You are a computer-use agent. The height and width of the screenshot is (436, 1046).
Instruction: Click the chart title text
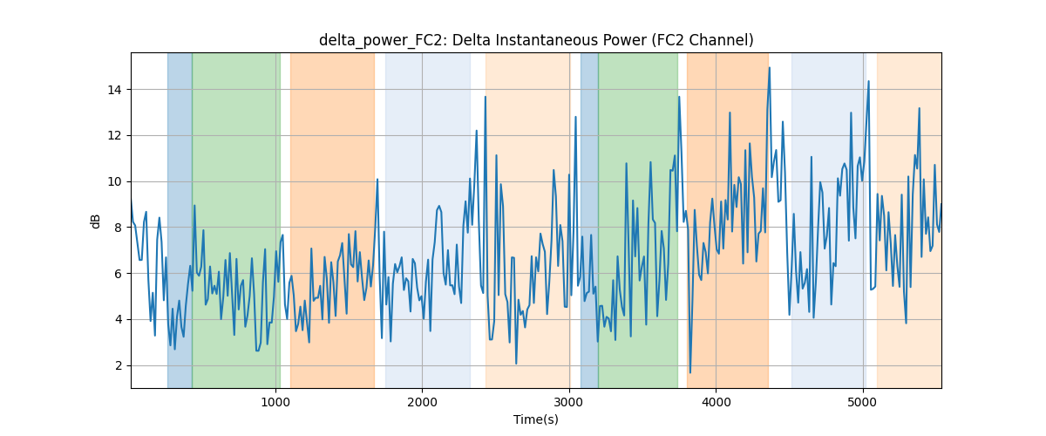pyautogui.click(x=536, y=40)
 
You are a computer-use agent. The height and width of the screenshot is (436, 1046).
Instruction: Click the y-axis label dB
pyautogui.click(x=95, y=221)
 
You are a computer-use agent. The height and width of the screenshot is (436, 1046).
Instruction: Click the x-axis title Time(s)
pyautogui.click(x=536, y=419)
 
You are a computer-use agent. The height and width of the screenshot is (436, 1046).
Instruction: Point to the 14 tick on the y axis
pyautogui.click(x=115, y=90)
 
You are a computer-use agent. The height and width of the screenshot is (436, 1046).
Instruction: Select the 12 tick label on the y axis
pyautogui.click(x=115, y=135)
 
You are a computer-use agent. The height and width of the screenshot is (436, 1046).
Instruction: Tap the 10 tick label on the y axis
pyautogui.click(x=115, y=181)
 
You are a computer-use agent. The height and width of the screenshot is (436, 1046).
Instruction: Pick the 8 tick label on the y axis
pyautogui.click(x=119, y=228)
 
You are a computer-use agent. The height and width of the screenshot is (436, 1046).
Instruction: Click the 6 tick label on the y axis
pyautogui.click(x=119, y=274)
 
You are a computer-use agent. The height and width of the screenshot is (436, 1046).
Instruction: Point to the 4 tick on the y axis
pyautogui.click(x=119, y=320)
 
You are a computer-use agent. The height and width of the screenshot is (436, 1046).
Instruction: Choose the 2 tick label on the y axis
pyautogui.click(x=119, y=365)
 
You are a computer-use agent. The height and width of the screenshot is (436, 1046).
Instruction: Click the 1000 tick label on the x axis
pyautogui.click(x=275, y=402)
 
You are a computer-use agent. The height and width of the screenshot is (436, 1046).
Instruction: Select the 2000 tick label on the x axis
pyautogui.click(x=422, y=402)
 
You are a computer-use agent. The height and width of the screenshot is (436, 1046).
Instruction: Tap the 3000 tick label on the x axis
pyautogui.click(x=569, y=402)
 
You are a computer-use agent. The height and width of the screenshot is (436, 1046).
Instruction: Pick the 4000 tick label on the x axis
pyautogui.click(x=716, y=402)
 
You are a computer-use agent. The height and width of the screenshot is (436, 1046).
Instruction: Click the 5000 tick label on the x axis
pyautogui.click(x=863, y=402)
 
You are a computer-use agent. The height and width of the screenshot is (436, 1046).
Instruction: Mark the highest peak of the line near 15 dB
pyautogui.click(x=770, y=68)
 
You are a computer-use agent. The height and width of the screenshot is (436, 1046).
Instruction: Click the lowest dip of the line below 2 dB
pyautogui.click(x=690, y=372)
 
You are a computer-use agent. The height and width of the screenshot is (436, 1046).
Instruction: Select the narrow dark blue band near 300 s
pyautogui.click(x=180, y=220)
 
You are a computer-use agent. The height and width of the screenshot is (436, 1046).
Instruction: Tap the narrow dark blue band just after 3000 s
pyautogui.click(x=589, y=220)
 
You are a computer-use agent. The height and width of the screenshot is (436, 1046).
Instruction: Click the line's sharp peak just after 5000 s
pyautogui.click(x=868, y=81)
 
